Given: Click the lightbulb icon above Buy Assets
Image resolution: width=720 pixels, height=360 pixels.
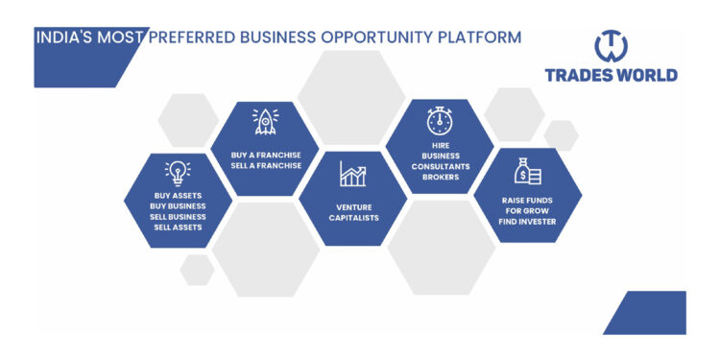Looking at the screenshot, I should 178,171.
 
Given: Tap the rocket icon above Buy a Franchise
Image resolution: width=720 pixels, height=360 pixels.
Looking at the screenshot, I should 266,121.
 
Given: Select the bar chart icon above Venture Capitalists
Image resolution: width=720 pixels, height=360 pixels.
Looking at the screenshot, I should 352,174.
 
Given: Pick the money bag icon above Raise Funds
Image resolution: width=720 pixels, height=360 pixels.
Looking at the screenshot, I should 527,171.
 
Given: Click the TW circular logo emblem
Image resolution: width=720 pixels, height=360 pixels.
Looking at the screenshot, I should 611,44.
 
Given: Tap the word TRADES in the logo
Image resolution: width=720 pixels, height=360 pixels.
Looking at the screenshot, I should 578,75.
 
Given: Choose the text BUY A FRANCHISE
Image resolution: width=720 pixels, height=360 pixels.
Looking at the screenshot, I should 266,154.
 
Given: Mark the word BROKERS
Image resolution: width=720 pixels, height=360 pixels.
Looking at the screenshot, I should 440,177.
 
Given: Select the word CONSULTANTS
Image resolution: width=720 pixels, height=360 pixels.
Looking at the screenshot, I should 440,165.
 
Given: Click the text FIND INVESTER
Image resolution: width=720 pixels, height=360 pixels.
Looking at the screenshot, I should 528,222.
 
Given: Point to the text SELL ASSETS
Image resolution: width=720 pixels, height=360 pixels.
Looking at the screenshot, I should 178,228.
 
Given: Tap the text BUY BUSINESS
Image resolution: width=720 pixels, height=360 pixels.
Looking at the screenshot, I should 178,206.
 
